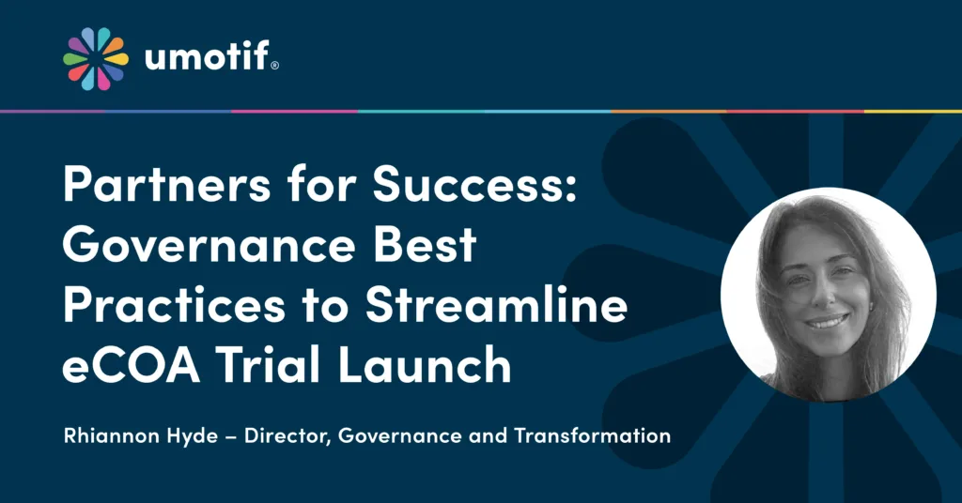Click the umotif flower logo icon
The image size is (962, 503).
pos(95,58)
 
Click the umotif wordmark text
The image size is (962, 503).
pos(205,59)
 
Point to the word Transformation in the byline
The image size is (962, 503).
pos(598,435)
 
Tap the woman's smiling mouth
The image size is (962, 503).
pos(826,322)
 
